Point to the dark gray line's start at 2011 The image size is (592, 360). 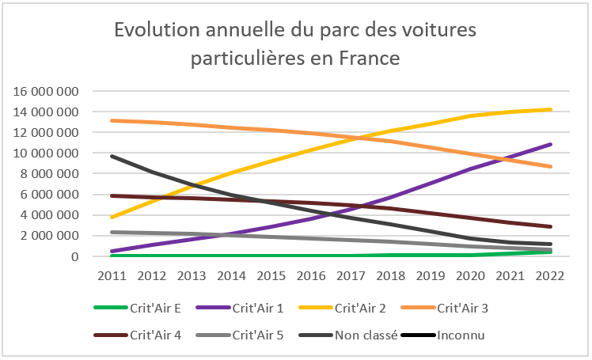click(112, 156)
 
